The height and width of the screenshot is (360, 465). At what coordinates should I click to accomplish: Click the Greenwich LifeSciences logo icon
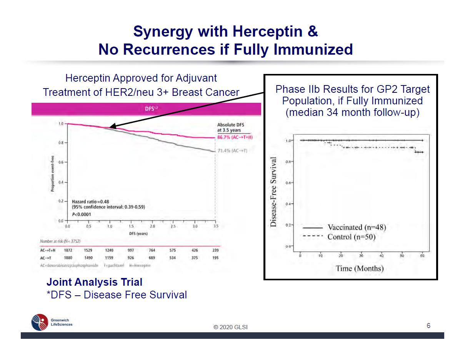pos(40,322)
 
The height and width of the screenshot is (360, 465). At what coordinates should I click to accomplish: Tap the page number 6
pos(428,326)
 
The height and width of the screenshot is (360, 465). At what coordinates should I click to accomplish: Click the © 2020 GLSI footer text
pos(231,327)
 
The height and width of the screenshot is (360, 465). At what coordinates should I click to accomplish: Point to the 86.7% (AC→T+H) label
pos(235,137)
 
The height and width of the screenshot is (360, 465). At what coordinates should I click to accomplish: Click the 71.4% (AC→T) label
pos(232,151)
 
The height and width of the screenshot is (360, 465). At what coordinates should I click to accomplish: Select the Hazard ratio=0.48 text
pos(91,201)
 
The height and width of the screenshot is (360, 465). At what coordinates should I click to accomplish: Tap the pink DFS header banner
pos(146,109)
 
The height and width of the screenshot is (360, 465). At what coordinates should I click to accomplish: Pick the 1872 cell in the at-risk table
pos(68,250)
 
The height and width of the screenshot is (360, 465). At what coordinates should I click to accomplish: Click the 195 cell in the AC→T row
pos(215,258)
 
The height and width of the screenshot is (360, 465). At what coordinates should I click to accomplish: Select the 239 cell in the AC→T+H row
pos(215,250)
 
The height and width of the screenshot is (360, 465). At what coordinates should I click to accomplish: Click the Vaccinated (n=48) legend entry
pos(356,227)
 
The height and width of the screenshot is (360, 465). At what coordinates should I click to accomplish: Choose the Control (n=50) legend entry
pos(351,237)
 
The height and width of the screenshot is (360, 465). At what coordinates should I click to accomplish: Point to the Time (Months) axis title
pos(360,268)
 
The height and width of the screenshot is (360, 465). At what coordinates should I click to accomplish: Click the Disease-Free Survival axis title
pos(274,192)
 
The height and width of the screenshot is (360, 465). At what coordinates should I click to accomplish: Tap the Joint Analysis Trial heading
pos(94,282)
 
